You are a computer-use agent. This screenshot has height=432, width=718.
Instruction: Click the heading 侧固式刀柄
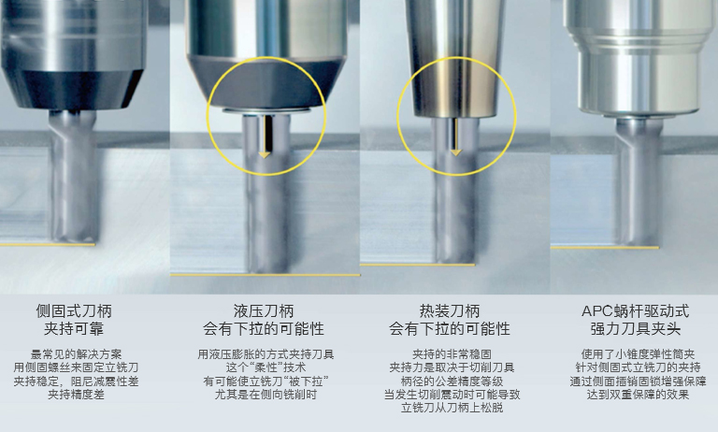[74, 311]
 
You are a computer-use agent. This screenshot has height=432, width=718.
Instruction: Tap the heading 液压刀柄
[264, 311]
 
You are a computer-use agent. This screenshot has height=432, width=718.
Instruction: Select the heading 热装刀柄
[450, 311]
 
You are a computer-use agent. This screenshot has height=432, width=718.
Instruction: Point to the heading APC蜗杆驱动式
[635, 311]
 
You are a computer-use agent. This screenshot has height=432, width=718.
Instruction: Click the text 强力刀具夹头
[635, 329]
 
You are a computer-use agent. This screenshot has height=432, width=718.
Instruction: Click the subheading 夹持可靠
[74, 329]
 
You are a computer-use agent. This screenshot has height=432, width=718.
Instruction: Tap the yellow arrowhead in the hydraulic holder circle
[265, 155]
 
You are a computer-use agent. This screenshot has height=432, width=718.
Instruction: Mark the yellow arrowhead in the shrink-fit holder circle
[455, 152]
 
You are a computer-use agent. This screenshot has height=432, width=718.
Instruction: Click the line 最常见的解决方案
[76, 354]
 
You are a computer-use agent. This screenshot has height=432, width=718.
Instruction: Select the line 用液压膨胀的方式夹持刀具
[266, 354]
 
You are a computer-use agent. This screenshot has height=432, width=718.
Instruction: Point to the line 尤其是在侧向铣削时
[266, 395]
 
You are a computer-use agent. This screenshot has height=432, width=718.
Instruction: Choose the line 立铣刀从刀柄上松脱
[452, 408]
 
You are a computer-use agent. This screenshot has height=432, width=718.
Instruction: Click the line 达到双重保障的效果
[638, 395]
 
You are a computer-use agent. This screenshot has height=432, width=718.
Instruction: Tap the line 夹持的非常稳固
[452, 354]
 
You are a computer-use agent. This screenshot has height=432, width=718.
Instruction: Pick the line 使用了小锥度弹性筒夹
[638, 354]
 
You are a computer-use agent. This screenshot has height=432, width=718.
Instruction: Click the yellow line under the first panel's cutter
[48, 245]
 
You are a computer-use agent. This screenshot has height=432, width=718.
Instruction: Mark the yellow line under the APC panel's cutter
[605, 248]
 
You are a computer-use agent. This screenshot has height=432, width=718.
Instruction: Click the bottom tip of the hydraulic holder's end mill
[266, 273]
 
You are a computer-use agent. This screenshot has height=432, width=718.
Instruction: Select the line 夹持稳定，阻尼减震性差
[76, 382]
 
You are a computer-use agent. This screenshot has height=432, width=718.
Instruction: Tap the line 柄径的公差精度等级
[452, 382]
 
